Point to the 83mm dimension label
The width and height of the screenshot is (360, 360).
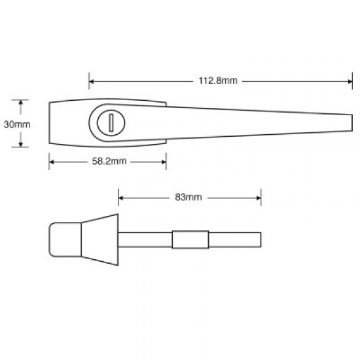pyautogui.click(x=189, y=196)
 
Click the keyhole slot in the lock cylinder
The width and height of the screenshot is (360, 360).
pyautogui.click(x=111, y=122)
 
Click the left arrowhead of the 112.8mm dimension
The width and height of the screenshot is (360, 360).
pyautogui.click(x=92, y=81)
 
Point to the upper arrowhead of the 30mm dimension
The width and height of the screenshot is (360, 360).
pyautogui.click(x=22, y=103)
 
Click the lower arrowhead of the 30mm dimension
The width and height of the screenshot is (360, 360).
pyautogui.click(x=22, y=143)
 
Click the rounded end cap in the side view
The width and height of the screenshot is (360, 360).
pyautogui.click(x=64, y=240)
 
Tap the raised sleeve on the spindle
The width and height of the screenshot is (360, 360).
pyautogui.click(x=190, y=240)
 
